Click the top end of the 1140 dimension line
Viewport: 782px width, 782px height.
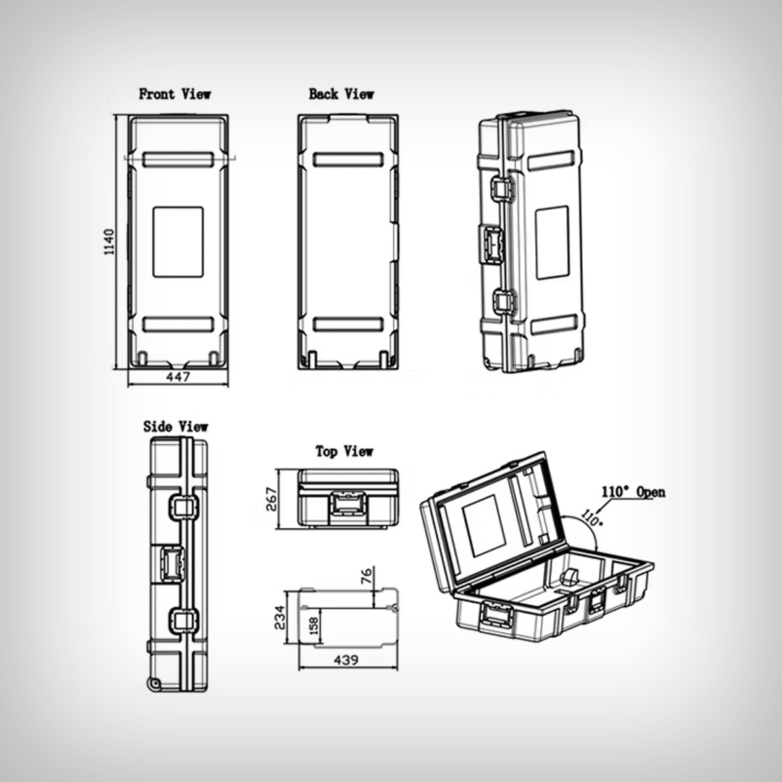pos(116,115)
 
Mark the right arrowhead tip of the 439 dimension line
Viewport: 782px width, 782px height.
pos(398,668)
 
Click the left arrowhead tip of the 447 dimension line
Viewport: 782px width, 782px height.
pos(128,384)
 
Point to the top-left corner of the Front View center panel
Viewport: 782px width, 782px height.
pos(153,207)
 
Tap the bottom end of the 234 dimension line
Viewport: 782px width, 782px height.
pos(286,643)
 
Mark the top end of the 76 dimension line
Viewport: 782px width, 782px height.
pos(374,567)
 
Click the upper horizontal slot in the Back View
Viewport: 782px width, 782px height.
pos(348,159)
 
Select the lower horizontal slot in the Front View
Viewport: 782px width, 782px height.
pos(178,324)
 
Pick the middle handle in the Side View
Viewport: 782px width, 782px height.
pos(172,563)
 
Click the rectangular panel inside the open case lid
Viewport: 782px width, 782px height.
pos(484,526)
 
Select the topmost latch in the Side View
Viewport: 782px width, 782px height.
pos(184,507)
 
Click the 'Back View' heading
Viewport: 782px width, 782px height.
pos(341,93)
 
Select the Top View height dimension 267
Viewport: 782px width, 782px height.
pos(272,499)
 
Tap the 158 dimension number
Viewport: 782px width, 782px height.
pos(314,626)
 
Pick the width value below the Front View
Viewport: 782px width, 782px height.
pos(178,377)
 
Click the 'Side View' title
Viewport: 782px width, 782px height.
pos(175,426)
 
